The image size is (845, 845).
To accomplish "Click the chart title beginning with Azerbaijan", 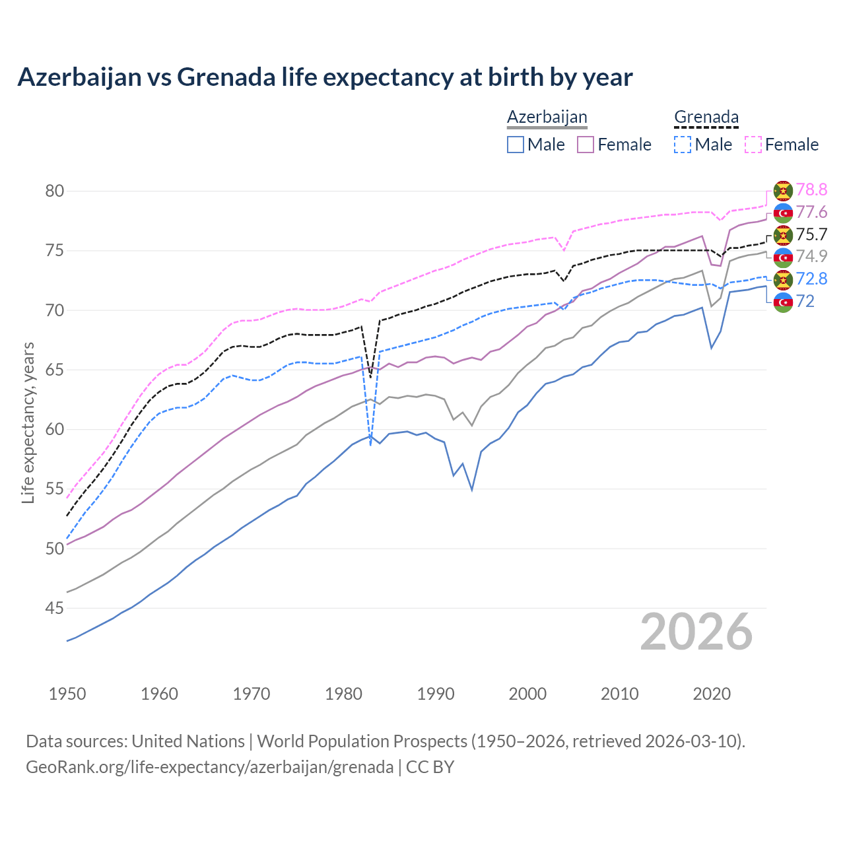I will click(325, 77).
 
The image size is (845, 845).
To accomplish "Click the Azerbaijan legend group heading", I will click(547, 118).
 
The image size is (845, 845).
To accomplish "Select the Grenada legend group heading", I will click(706, 118).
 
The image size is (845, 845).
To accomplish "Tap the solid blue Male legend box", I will click(516, 145).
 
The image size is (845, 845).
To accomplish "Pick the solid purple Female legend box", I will click(586, 145).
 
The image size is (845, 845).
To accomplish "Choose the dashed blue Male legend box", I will click(683, 145).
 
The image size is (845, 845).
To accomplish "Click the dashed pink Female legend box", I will click(753, 145).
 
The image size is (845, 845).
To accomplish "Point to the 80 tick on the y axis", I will click(55, 191).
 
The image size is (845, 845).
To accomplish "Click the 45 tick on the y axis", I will click(55, 608).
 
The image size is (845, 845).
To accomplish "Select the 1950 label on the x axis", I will click(67, 694).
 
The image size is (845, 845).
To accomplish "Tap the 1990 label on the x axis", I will click(436, 694).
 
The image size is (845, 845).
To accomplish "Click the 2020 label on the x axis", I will click(712, 694).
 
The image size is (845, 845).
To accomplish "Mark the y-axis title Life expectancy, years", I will click(28, 422).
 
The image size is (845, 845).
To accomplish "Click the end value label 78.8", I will click(811, 190).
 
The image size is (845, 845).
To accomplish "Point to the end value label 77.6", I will click(811, 213).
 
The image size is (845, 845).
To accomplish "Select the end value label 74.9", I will click(811, 257).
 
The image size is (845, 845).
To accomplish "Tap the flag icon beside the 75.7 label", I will click(783, 235).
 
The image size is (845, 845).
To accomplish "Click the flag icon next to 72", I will click(783, 302).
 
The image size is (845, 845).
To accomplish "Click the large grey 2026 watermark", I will click(696, 632).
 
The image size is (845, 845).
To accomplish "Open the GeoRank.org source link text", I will click(209, 767).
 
